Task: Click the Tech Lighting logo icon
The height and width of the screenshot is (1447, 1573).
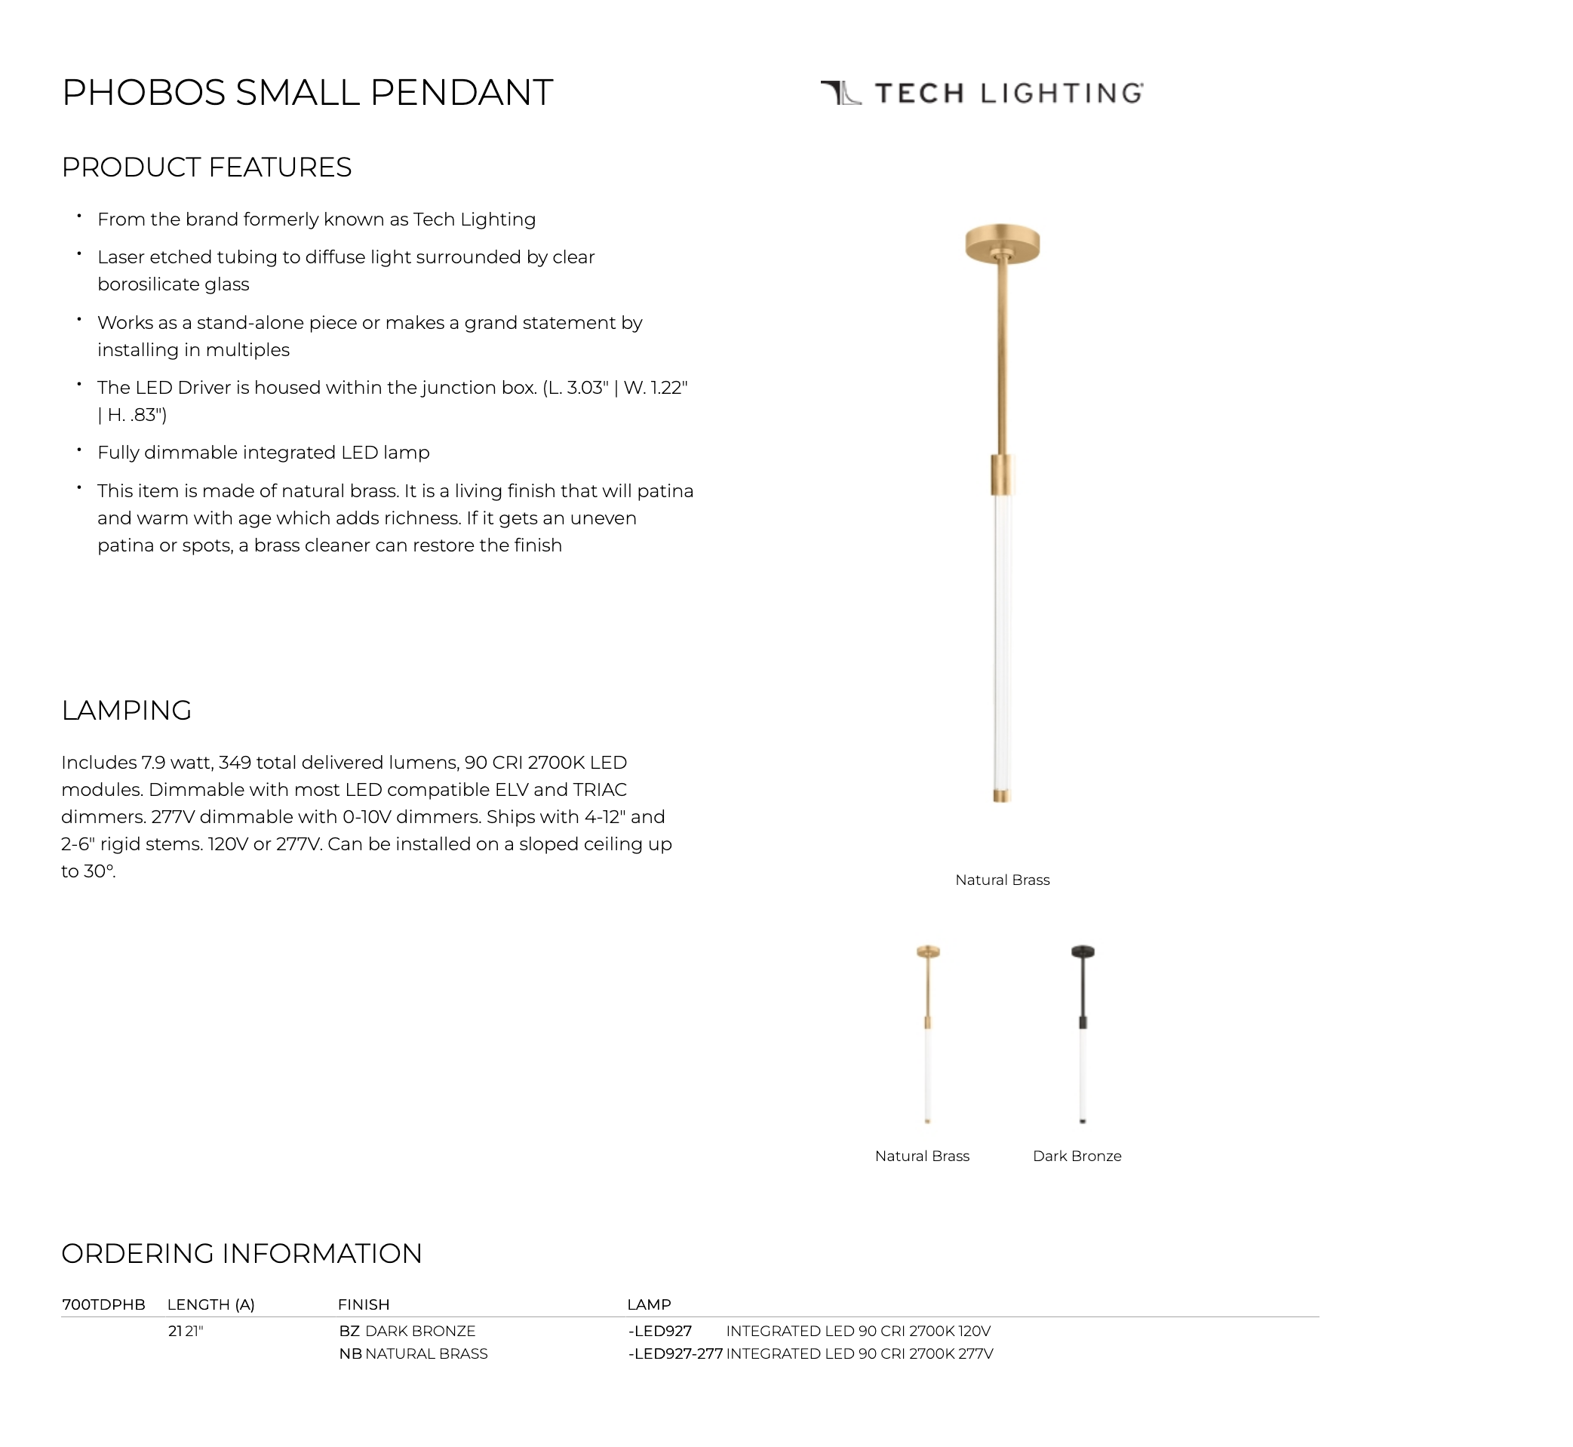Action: click(x=841, y=92)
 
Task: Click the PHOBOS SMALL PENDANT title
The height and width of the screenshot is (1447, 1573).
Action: click(x=307, y=92)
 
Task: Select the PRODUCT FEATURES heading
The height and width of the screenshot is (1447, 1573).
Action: click(x=207, y=167)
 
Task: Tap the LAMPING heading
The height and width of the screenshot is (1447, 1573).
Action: click(x=126, y=710)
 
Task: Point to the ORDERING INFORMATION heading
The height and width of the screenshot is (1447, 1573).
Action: click(x=241, y=1254)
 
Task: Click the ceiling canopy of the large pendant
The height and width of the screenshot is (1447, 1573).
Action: click(x=1002, y=244)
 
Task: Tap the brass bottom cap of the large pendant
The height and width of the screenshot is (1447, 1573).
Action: click(x=1001, y=795)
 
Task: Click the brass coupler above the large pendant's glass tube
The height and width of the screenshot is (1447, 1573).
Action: click(x=1002, y=474)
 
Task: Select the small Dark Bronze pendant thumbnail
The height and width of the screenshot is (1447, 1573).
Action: click(x=1082, y=1034)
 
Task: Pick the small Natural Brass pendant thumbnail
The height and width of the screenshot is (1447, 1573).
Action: click(x=928, y=1034)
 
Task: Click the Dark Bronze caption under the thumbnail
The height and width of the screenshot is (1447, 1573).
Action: click(x=1077, y=1156)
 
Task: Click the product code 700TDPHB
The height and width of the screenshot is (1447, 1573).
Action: click(x=103, y=1304)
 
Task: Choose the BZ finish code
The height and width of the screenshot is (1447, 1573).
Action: click(x=349, y=1331)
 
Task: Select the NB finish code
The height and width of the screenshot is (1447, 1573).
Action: click(x=350, y=1353)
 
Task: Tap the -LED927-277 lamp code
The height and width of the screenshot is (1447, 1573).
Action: click(x=675, y=1353)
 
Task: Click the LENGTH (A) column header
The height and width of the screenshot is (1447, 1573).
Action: click(x=210, y=1304)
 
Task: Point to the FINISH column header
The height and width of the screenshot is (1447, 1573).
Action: click(x=364, y=1304)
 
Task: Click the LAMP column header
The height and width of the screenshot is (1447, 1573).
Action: click(x=648, y=1304)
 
